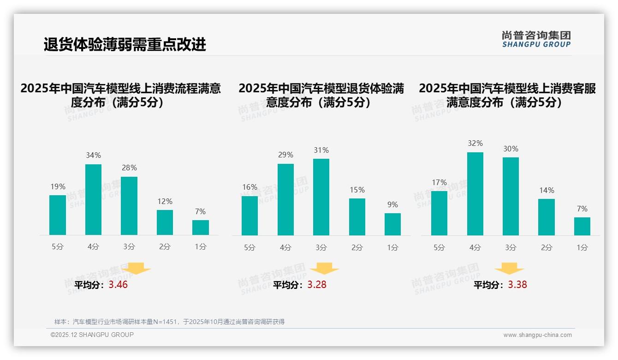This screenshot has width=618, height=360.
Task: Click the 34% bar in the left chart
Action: (93, 199)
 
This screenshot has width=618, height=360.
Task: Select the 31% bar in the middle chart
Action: (321, 197)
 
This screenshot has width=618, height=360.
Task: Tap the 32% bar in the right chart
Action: (475, 194)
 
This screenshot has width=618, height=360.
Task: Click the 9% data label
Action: (392, 204)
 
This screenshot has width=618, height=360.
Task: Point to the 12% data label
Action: (165, 201)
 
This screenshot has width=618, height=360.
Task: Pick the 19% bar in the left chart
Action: (58, 215)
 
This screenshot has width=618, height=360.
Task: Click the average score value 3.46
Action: (118, 285)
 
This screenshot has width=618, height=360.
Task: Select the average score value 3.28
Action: (317, 285)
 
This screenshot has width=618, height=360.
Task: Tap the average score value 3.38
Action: (517, 285)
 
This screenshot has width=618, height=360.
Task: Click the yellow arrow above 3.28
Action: (324, 269)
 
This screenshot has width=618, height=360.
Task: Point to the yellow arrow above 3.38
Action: (509, 269)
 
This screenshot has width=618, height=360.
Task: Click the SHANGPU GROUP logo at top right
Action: (536, 39)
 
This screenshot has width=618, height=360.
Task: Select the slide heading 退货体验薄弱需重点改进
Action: (125, 45)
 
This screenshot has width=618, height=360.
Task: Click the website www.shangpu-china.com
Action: (537, 335)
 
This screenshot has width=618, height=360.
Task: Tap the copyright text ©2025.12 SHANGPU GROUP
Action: (92, 335)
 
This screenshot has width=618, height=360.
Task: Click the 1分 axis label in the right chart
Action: (582, 247)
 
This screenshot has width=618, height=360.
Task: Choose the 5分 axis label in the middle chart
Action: (250, 247)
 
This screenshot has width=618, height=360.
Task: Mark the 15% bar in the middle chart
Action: (357, 217)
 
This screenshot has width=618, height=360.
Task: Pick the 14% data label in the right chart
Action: (547, 190)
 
